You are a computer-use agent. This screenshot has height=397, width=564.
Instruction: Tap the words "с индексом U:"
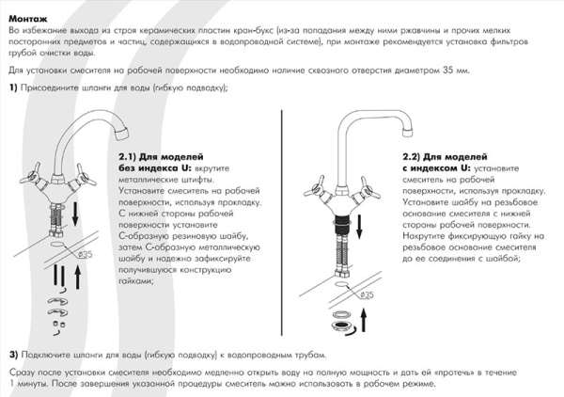coord(439,167)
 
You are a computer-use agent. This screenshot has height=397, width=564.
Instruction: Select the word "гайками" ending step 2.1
coord(137,279)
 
